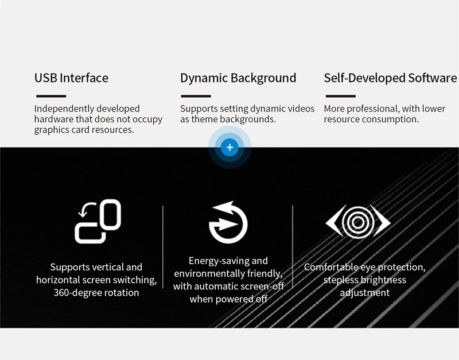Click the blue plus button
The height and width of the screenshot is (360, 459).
tap(230, 148)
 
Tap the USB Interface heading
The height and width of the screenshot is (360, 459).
tap(71, 78)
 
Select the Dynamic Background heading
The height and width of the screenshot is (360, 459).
tap(238, 78)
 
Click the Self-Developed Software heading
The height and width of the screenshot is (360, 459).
tap(390, 78)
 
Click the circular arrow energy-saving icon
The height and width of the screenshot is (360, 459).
tap(228, 222)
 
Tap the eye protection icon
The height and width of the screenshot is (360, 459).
tap(358, 222)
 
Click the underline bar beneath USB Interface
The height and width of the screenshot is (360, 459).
tap(51, 96)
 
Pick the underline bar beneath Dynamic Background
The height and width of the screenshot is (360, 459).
tap(196, 96)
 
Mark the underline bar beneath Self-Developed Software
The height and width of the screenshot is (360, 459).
tap(341, 96)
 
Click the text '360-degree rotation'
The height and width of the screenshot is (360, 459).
tap(96, 293)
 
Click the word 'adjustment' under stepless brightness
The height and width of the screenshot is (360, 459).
tap(365, 293)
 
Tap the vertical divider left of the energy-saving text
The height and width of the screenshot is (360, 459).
tap(163, 247)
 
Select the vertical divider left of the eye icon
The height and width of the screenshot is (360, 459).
tap(293, 247)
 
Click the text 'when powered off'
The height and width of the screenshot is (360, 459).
tap(228, 299)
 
